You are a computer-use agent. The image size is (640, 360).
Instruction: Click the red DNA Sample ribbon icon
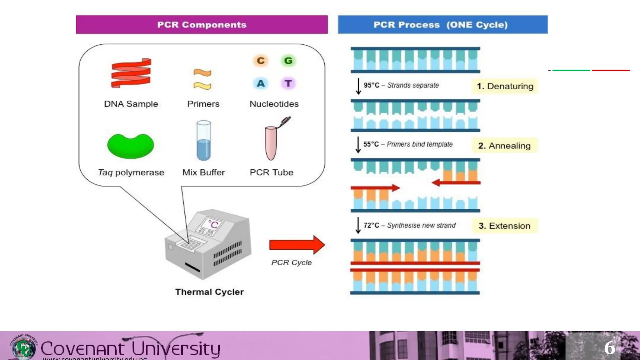pos(131,73)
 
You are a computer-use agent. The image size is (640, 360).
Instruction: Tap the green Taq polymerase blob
pos(131,146)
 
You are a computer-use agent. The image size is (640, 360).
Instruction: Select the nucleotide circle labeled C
pos(261,61)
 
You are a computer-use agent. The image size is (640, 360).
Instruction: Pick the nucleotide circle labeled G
pos(288,61)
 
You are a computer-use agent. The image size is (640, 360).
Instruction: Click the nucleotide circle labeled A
pos(261,83)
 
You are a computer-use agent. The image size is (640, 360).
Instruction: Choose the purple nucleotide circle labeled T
pos(288,83)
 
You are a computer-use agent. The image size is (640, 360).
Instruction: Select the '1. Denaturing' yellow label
pos(505,86)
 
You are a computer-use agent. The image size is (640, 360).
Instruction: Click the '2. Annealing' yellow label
pos(504,146)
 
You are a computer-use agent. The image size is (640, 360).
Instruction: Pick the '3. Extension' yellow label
pos(504,226)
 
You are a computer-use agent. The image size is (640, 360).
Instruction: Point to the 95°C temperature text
pos(371,85)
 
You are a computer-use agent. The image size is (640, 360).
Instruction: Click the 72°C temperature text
pos(371,225)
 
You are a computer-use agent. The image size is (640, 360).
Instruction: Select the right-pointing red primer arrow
pos(375,188)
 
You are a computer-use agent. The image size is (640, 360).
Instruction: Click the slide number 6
pos(609,348)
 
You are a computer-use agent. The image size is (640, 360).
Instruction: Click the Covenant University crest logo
pos(24,347)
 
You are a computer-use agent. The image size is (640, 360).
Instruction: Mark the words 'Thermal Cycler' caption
pos(209,292)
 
